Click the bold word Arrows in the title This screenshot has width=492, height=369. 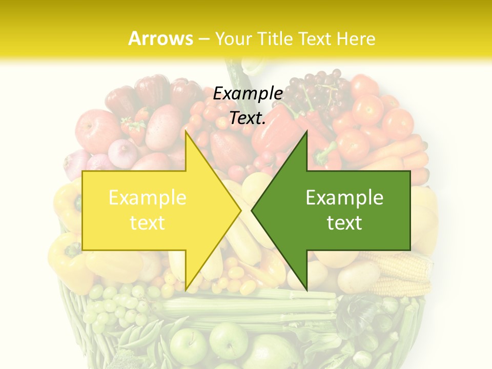pos(160,38)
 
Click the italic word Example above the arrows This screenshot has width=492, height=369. pos(248,94)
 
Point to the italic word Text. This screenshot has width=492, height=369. pos(248,118)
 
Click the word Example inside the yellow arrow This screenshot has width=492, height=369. pos(148,198)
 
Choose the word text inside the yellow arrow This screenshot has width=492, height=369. pos(148,223)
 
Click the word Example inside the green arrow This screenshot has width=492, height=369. pos(344,198)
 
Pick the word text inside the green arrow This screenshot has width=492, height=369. pos(344,223)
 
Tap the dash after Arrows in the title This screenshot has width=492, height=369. pos(203,39)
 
